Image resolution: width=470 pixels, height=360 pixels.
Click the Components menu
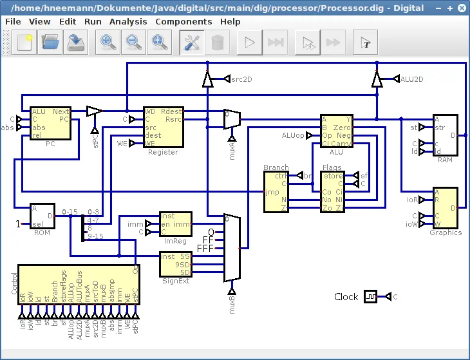click(183, 21)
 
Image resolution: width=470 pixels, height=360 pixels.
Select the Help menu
click(230, 21)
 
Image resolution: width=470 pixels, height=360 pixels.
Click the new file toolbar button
click(24, 43)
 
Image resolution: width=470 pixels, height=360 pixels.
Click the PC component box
click(50, 123)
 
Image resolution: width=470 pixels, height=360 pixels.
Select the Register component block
click(163, 127)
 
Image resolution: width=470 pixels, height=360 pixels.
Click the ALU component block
click(336, 131)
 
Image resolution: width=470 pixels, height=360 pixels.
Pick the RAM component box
click(445, 135)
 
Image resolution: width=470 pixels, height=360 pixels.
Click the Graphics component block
click(445, 207)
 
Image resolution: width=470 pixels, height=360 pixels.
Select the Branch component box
click(276, 192)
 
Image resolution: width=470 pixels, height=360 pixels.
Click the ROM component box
click(42, 216)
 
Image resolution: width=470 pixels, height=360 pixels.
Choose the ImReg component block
click(175, 224)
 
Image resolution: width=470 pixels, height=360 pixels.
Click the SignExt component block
click(175, 264)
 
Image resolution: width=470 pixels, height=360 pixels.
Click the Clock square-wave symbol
click(371, 297)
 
